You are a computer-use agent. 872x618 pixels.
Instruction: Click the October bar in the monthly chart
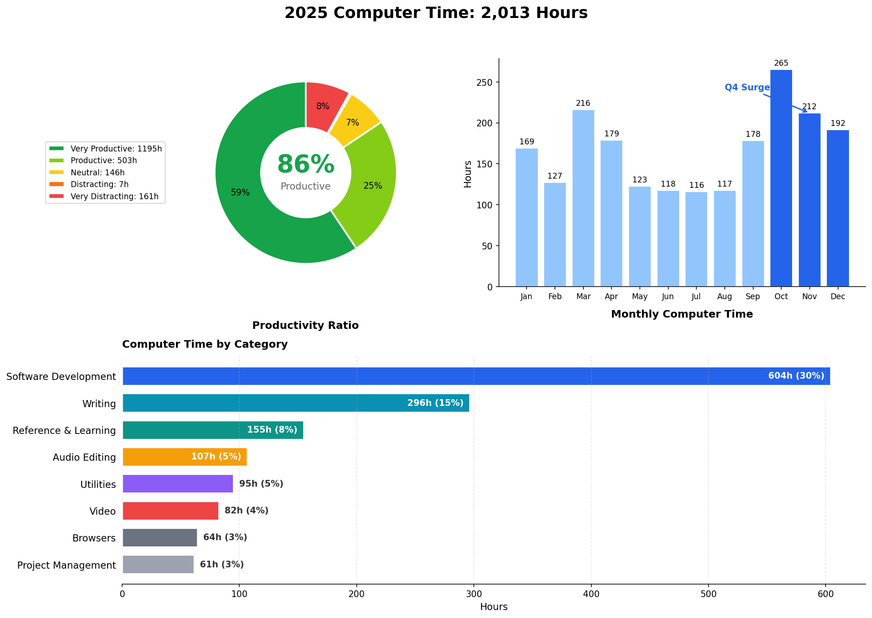[x=781, y=180]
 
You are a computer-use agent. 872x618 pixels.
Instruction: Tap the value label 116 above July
[x=696, y=185]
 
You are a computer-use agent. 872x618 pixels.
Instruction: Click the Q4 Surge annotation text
[x=747, y=87]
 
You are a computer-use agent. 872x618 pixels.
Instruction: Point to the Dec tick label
[x=838, y=297]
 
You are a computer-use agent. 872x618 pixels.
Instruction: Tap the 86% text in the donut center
[x=306, y=165]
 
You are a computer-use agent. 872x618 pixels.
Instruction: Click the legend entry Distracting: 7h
[x=99, y=185]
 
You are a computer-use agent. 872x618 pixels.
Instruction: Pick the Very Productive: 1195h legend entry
[x=116, y=149]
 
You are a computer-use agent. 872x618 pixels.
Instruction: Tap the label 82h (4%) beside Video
[x=246, y=510]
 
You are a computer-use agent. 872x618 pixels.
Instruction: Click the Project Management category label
[x=66, y=565]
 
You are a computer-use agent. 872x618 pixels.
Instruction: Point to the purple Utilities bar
[x=178, y=484]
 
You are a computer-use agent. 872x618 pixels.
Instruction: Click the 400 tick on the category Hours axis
[x=591, y=594]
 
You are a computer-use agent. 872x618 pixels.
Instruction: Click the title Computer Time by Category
[x=205, y=344]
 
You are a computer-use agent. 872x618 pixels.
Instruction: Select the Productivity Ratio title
[x=305, y=326]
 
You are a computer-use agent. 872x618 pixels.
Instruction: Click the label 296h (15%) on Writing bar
[x=435, y=403]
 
